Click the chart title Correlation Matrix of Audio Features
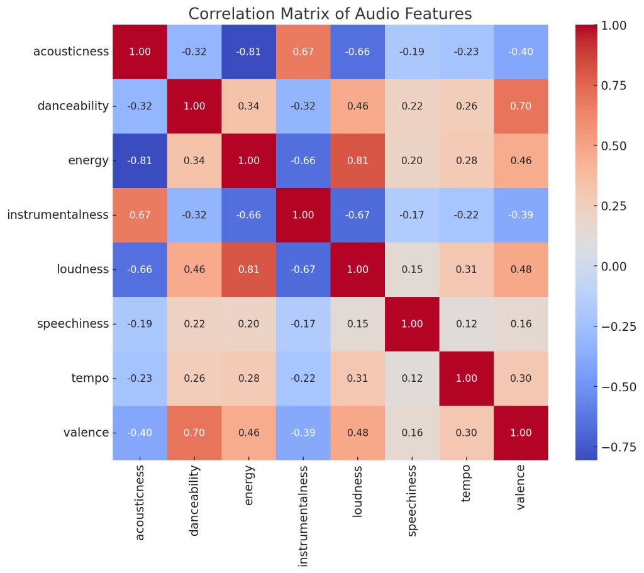click(x=330, y=13)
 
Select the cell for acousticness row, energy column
click(x=248, y=52)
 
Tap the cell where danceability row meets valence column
click(x=521, y=106)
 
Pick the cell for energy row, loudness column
click(x=357, y=160)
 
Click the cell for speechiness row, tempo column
click(x=466, y=324)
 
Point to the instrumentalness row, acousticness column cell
click(x=140, y=215)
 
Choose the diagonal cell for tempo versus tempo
click(x=466, y=378)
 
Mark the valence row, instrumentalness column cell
click(x=303, y=433)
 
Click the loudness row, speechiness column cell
click(x=412, y=269)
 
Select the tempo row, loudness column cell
click(x=357, y=378)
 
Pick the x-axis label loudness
click(x=357, y=491)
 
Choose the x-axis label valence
click(x=521, y=488)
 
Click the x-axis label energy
click(x=248, y=486)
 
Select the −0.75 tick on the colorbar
click(x=614, y=447)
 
